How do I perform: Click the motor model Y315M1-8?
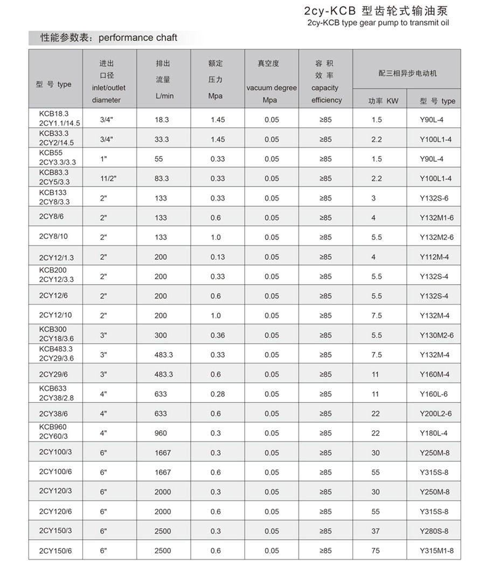tap(436, 550)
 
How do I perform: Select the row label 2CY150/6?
tap(56, 550)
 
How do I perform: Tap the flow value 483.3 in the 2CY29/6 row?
tap(163, 374)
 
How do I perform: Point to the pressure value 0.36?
tap(218, 335)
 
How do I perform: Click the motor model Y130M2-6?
tap(436, 335)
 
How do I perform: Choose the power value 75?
tap(376, 550)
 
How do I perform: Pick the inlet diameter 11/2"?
tap(108, 178)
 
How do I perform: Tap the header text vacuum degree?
tap(272, 88)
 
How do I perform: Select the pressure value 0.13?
tap(218, 257)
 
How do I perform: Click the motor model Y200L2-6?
tap(436, 414)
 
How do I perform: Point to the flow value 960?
tap(161, 433)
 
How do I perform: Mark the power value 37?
tap(376, 531)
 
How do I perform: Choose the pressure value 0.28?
tap(218, 394)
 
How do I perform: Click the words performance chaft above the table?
tap(137, 38)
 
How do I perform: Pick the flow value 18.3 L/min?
tap(162, 120)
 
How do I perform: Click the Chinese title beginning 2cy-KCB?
tap(376, 11)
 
